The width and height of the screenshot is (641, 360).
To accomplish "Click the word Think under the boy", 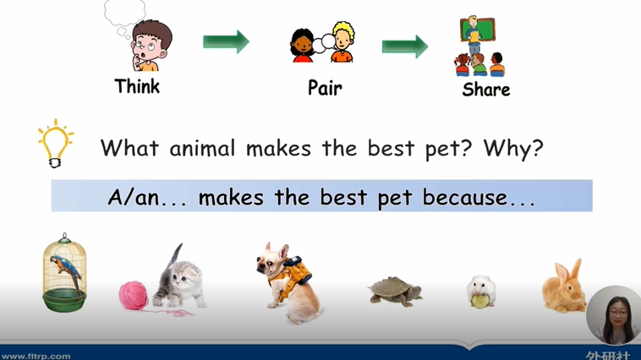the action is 137,86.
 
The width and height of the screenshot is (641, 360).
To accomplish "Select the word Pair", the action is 325,87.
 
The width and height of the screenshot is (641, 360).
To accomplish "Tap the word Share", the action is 486,90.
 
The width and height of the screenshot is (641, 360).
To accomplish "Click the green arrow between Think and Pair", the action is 226,41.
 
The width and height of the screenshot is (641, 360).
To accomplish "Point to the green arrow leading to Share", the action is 405,46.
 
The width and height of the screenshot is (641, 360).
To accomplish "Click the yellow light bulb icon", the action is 56,143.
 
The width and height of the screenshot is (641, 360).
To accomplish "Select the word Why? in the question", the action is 513,148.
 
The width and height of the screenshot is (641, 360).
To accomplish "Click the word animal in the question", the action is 202,148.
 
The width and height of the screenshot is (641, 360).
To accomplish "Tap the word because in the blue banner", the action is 465,198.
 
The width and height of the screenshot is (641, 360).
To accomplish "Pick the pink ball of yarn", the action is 134,295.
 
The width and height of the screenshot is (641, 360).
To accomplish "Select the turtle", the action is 394,291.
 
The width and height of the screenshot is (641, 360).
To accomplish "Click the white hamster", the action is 481,291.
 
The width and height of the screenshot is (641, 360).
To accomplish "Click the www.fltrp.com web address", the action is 36,357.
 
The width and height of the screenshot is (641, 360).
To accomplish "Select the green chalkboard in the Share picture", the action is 478,30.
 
